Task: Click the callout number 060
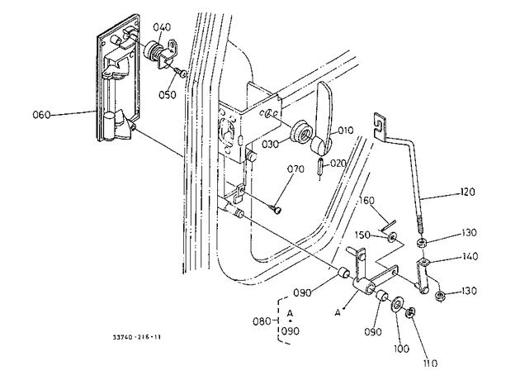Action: pos(41,115)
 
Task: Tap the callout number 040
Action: pos(162,27)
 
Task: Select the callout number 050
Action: pos(168,94)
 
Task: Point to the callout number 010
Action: pos(346,130)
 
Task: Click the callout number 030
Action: pos(270,145)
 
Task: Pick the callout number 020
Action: pos(338,164)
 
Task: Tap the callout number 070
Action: pos(295,169)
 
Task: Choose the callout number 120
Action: pos(468,192)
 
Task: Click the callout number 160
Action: pos(366,201)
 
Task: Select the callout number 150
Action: pos(362,235)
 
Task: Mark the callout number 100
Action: pos(402,349)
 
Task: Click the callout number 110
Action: pos(431,363)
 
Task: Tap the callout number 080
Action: pos(262,321)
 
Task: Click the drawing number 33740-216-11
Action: pos(137,337)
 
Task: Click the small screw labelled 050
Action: pos(181,73)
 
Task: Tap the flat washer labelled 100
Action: pos(396,305)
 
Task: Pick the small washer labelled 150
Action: pos(394,237)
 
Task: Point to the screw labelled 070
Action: pos(277,209)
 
